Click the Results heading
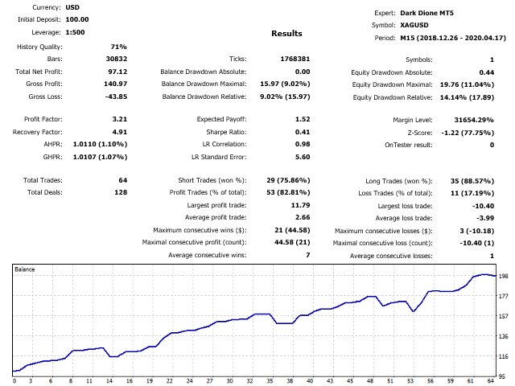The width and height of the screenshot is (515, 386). [286, 34]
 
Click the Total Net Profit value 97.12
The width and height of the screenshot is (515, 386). [117, 72]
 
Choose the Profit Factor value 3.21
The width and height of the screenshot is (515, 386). [118, 119]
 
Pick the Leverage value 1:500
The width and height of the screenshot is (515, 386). [77, 31]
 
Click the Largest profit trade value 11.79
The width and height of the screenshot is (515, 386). [276, 205]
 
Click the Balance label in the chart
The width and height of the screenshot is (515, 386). [25, 269]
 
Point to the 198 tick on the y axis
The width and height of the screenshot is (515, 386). [503, 276]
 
